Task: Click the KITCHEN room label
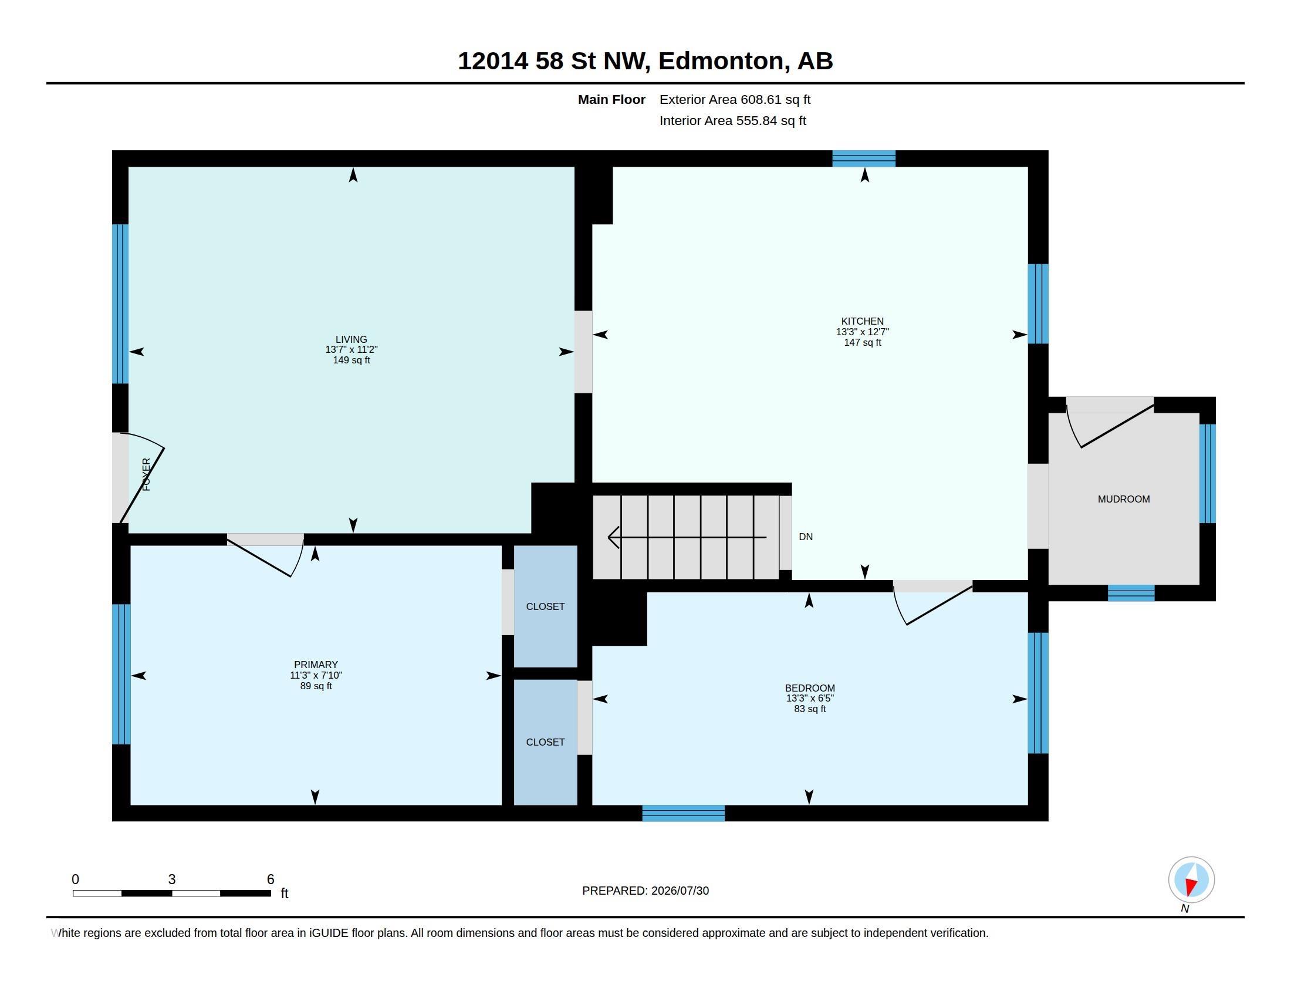[863, 322]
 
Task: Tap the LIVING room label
[351, 339]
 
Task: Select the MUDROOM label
[1124, 499]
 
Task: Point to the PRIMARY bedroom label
[316, 665]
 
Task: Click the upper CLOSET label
[545, 606]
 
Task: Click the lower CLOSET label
[545, 742]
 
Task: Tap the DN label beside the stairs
[806, 537]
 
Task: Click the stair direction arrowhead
[614, 537]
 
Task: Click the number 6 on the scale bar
[271, 879]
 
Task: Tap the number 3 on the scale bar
[172, 879]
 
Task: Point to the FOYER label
[147, 474]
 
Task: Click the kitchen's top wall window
[864, 159]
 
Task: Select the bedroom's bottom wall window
[683, 813]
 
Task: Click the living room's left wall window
[120, 304]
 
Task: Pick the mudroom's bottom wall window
[1131, 593]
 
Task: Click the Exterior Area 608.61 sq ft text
[735, 99]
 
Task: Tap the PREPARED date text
[645, 891]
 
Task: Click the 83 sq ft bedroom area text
[810, 709]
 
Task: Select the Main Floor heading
[611, 99]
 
